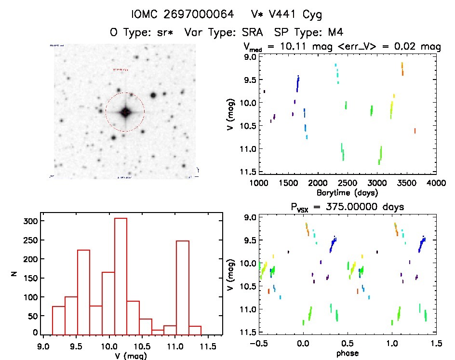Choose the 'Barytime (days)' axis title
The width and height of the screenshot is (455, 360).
pyautogui.click(x=347, y=193)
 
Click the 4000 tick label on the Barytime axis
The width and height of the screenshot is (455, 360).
pyautogui.click(x=436, y=183)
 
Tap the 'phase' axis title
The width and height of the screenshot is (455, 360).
pyautogui.click(x=347, y=354)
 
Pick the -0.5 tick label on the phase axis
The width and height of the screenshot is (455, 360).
pyautogui.click(x=257, y=344)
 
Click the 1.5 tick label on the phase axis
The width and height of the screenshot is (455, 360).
pyautogui.click(x=436, y=344)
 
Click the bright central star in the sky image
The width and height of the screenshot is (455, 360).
pyautogui.click(x=125, y=112)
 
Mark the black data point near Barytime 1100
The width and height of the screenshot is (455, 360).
pyautogui.click(x=264, y=91)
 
